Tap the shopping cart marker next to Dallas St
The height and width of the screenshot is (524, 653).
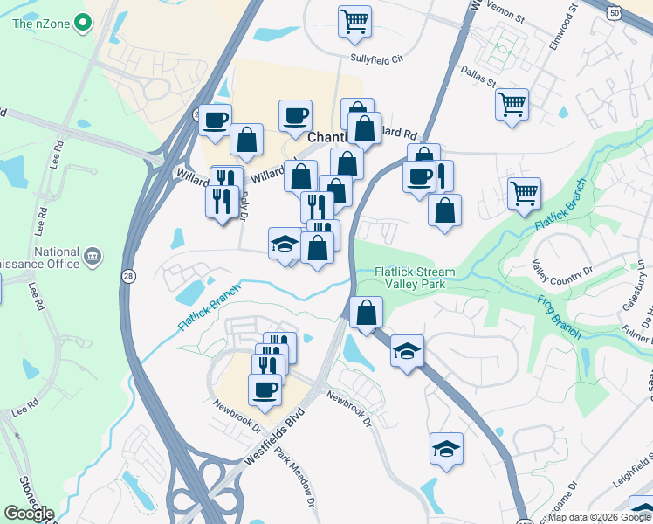(511, 104)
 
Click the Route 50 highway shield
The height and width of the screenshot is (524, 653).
(615, 11)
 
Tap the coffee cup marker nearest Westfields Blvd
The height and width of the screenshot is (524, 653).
(265, 390)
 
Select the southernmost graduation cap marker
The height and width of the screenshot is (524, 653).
(446, 449)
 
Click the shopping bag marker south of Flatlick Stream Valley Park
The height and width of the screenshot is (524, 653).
(366, 312)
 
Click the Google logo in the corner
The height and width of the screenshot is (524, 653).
(29, 514)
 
